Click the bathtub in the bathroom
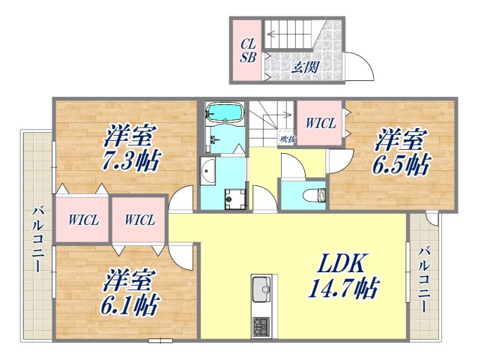(x=226, y=113)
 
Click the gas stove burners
(x=261, y=326)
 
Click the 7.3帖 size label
(x=132, y=160)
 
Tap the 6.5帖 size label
(x=402, y=164)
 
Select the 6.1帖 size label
(x=130, y=304)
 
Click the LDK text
(x=342, y=263)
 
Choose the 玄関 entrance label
(x=304, y=67)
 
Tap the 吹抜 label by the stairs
(x=287, y=137)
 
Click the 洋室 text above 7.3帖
(x=130, y=137)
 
